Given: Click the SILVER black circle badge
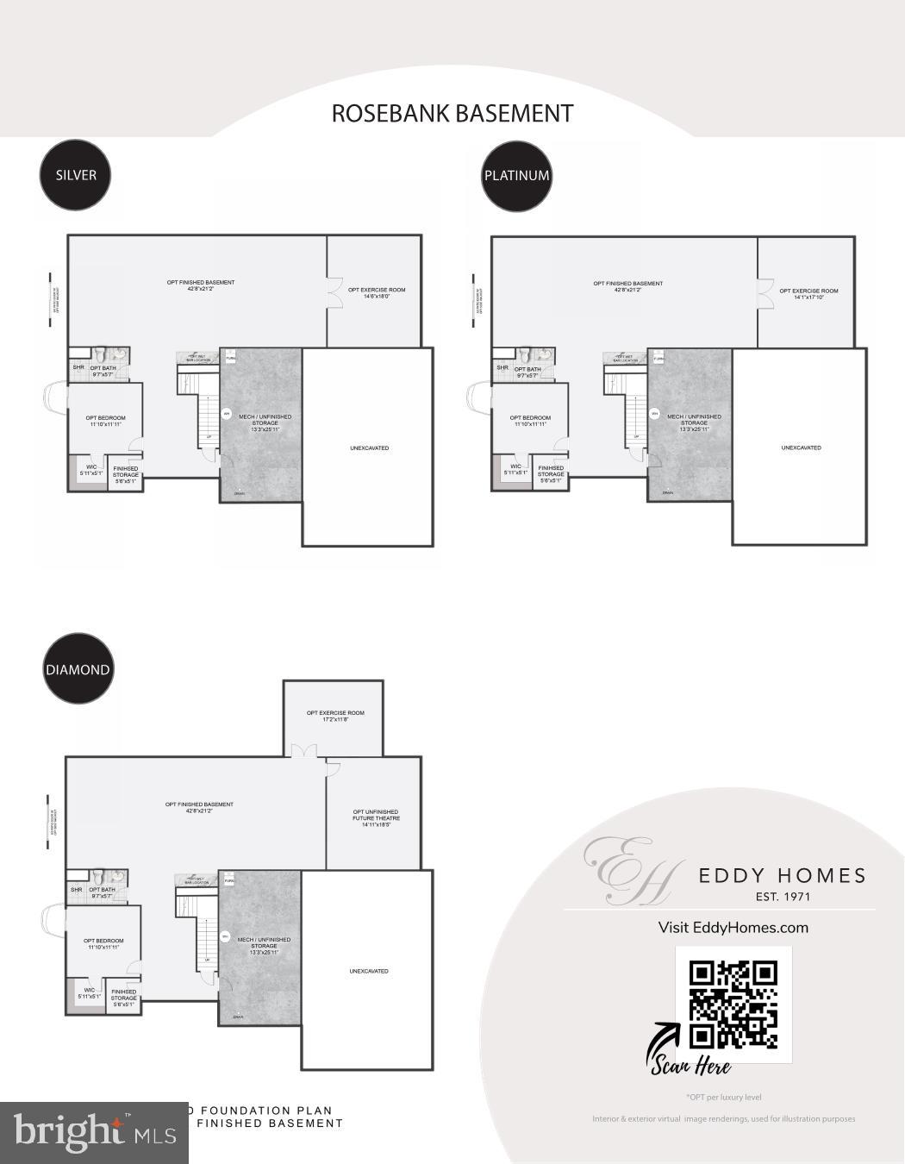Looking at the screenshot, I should [76, 175].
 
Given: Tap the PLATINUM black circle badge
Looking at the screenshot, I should [516, 176].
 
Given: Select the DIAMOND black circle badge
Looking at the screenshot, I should [78, 670].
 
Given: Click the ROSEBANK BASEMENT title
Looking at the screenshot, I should [452, 113].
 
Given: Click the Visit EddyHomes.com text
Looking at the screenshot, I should [733, 928].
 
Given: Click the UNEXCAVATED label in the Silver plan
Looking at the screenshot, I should [369, 448].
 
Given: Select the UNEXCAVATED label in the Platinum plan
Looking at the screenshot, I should [801, 448].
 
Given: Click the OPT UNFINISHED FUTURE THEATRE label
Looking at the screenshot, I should [376, 818].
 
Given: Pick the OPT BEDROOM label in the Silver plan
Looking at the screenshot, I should [105, 421].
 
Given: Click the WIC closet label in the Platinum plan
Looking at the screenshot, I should [515, 470].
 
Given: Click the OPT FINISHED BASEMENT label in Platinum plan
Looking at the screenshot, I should [627, 286].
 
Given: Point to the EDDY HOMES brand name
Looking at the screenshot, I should [782, 876].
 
